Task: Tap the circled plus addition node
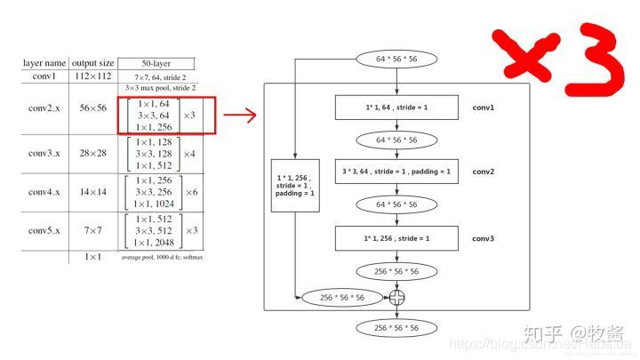(x=396, y=297)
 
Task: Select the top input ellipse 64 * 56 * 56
(x=396, y=60)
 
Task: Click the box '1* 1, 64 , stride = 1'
(x=396, y=107)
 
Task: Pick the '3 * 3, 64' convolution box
(x=396, y=172)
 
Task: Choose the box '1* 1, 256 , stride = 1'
(x=396, y=237)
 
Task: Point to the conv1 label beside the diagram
(x=484, y=107)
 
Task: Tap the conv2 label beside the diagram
(x=484, y=172)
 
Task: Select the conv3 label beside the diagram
(x=484, y=237)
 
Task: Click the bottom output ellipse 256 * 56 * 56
(x=396, y=328)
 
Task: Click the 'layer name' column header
(x=44, y=63)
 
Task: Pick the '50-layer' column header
(x=156, y=63)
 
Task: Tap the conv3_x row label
(x=44, y=153)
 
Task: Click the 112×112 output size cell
(x=93, y=76)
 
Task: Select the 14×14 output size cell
(x=93, y=192)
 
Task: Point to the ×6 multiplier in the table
(x=190, y=192)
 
